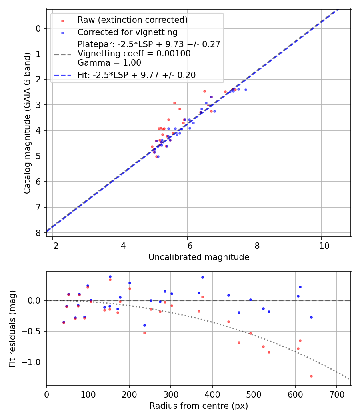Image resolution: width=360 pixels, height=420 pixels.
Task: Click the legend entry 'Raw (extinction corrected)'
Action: [132, 20]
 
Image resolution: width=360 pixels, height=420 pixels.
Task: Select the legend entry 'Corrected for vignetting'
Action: [127, 32]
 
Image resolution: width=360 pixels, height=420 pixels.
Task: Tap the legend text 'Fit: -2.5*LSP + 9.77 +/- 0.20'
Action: [136, 75]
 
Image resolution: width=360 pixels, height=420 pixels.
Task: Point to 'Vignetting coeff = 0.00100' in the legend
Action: [134, 54]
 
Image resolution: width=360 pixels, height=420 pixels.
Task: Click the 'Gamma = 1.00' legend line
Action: [109, 63]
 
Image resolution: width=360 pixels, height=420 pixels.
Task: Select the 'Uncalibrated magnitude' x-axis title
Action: [199, 257]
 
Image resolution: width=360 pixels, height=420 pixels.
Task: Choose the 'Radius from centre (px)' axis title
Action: [199, 406]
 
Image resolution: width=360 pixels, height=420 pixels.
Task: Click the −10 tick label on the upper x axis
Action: [321, 245]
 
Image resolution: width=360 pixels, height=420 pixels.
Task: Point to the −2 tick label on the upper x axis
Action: [53, 245]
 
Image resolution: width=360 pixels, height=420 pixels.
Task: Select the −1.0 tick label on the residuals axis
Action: [34, 362]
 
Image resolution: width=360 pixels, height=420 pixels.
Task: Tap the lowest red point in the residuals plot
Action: [311, 376]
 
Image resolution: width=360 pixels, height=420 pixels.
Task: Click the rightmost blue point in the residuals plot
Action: [311, 317]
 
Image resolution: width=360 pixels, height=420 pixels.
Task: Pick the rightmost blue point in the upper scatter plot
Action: [246, 90]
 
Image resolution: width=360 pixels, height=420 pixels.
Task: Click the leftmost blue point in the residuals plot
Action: [64, 322]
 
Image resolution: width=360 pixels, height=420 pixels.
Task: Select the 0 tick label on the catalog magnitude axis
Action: [38, 28]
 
